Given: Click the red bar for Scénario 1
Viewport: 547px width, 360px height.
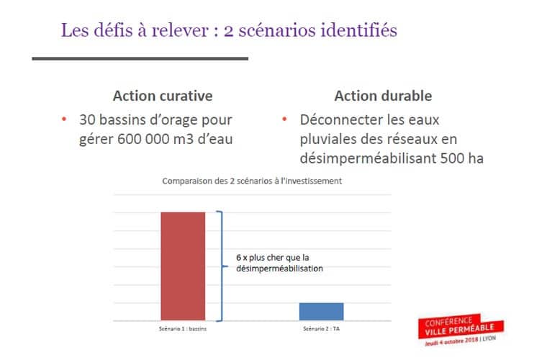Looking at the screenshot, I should (183, 266).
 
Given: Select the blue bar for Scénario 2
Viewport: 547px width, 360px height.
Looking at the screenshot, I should (321, 311).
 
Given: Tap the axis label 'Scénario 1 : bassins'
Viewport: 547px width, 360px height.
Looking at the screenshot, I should (183, 329).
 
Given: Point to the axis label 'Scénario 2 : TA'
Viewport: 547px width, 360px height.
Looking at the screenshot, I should (321, 329).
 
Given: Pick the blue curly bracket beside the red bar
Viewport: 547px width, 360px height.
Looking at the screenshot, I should (222, 265).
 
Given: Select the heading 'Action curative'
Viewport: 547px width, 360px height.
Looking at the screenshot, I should (163, 96).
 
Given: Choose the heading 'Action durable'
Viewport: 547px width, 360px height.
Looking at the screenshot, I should (383, 96).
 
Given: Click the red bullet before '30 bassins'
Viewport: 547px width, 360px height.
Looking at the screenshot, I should (64, 120).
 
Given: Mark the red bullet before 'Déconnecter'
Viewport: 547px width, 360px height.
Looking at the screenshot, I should (285, 120).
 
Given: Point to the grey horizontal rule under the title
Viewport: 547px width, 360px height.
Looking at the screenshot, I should (140, 58).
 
